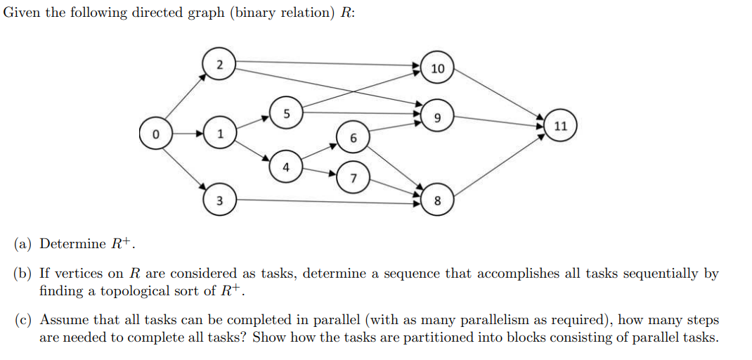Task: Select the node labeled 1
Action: [220, 133]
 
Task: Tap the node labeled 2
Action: [220, 64]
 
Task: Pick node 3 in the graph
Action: [219, 201]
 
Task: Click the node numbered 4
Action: [285, 167]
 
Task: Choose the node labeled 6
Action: [353, 139]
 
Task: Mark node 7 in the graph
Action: [353, 179]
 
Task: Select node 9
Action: [437, 118]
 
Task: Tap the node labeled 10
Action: [437, 68]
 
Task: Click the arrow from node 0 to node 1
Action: [188, 133]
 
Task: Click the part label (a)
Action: [25, 244]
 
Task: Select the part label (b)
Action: [25, 274]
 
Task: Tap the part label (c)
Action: [25, 320]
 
